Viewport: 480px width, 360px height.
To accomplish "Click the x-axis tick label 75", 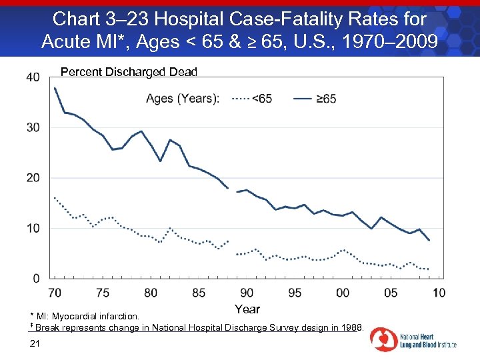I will click(103, 293).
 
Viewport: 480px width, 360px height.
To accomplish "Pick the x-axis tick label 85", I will click(199, 293).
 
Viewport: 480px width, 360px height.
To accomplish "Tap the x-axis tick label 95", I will click(295, 293).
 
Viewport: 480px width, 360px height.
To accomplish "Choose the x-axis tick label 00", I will click(343, 293).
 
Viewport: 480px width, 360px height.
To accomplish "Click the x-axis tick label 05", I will click(391, 293).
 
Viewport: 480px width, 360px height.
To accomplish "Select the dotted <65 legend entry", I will click(251, 99).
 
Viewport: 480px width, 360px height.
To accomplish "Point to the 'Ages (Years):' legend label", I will click(182, 99).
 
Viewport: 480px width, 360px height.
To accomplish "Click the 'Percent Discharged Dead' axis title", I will click(129, 72).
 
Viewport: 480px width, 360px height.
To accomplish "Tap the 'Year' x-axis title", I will click(247, 309).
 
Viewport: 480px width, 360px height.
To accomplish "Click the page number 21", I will click(36, 343).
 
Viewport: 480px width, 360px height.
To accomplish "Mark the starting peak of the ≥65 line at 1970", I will click(55, 88).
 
